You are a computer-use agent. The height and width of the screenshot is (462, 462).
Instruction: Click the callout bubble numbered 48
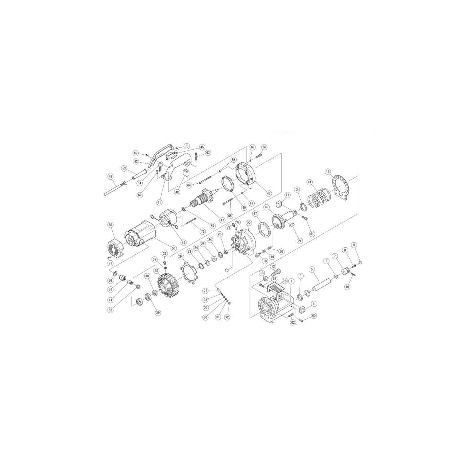[110, 177]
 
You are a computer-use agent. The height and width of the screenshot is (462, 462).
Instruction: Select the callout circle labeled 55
[111, 225]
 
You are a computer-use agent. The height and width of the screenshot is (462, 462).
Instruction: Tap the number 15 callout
[328, 172]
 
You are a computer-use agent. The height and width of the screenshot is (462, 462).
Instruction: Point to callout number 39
[158, 313]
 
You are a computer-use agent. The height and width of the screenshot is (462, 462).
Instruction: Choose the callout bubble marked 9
[354, 245]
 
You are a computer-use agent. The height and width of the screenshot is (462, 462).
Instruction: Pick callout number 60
[314, 316]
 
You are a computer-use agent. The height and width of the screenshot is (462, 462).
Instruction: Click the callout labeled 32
[227, 317]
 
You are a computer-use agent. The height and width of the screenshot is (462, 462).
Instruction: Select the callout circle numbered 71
[110, 263]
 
